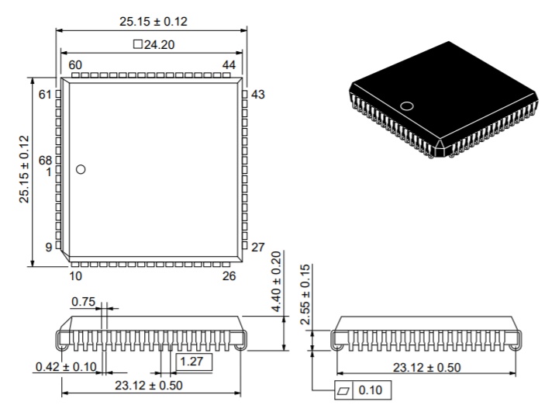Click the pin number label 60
(75, 64)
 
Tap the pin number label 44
(229, 64)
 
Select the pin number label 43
(258, 95)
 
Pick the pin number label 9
(48, 247)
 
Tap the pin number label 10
(75, 275)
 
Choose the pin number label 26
(229, 275)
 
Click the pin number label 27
(258, 247)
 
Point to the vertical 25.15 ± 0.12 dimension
(23, 170)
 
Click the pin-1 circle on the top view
(81, 169)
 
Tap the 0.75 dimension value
(83, 302)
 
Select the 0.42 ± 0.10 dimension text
(65, 367)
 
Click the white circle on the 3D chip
(406, 106)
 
